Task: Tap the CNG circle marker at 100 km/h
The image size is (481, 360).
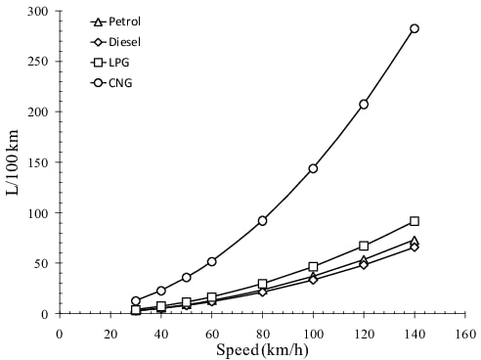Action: click(313, 168)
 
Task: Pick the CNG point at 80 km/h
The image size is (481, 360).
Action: click(263, 220)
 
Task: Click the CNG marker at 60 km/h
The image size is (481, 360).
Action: click(211, 261)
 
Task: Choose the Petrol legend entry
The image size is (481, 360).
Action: click(115, 22)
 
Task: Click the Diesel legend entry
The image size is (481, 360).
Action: click(114, 42)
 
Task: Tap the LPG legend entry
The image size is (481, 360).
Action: click(109, 63)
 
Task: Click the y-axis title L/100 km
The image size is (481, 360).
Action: click(14, 161)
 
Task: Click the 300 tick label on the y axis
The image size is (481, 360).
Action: click(39, 11)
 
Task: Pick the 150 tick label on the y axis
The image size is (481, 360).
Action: click(39, 162)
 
